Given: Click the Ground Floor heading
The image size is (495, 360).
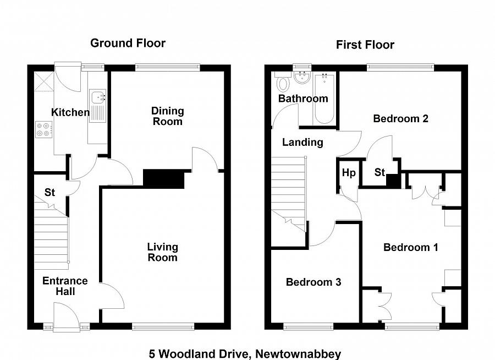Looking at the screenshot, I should click(128, 43).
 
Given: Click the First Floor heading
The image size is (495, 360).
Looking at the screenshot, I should click(365, 45).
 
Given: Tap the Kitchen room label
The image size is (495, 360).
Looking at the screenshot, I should click(70, 113).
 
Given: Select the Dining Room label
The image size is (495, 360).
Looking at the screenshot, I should click(167, 116).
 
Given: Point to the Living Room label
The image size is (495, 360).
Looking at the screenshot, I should click(162, 252).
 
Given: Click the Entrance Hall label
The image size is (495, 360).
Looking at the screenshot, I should click(65, 286).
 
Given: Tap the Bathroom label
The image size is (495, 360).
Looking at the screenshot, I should click(302, 99).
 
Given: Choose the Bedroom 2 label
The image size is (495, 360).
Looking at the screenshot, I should click(400, 118).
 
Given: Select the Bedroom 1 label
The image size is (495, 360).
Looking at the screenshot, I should click(410, 247).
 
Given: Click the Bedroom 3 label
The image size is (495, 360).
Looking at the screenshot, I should click(313, 282).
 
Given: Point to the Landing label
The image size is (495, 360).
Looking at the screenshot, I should click(302, 142).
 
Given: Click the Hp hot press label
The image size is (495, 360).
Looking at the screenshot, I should click(349, 173).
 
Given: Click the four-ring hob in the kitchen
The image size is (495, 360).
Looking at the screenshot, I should click(43, 130).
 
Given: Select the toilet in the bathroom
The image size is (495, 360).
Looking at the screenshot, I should click(283, 82).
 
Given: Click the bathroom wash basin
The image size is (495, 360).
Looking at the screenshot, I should click(302, 78).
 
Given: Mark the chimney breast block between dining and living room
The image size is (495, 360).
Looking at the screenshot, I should click(163, 179).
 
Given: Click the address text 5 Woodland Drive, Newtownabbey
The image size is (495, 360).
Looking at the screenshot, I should click(245, 354).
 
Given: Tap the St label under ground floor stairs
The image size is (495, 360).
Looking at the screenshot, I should click(50, 193).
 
